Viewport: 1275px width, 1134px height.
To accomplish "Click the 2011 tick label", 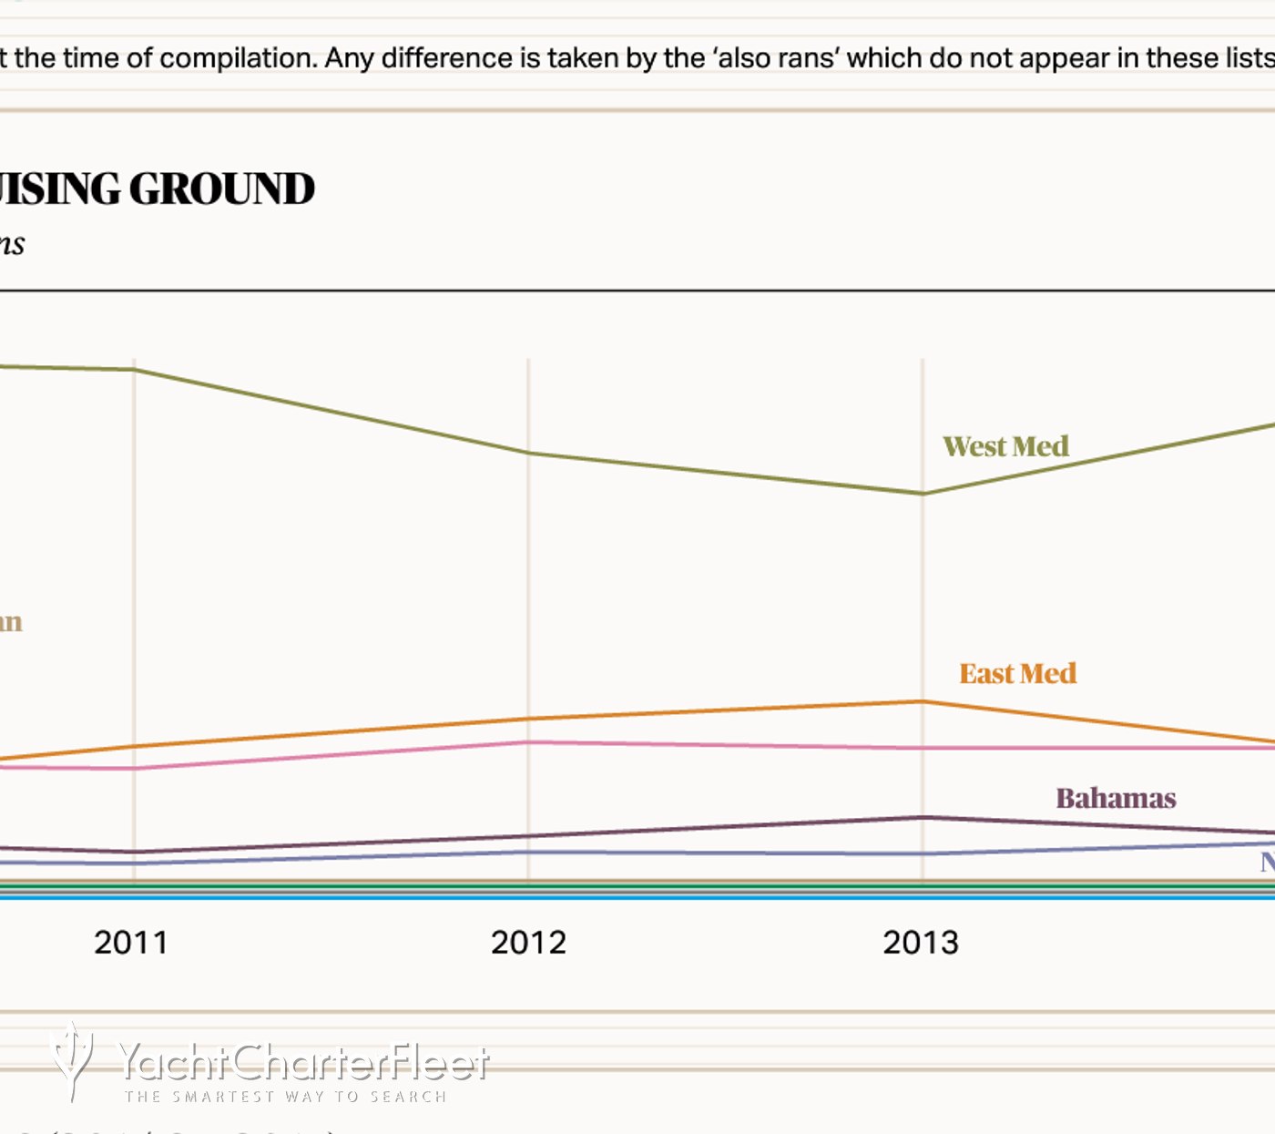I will [x=131, y=942].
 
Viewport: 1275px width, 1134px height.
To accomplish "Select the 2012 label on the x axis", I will [x=528, y=942].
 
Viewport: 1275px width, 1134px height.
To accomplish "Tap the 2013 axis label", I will [x=921, y=942].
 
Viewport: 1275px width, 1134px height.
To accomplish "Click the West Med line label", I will [x=1005, y=446].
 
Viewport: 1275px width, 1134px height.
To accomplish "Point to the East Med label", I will [x=1017, y=673].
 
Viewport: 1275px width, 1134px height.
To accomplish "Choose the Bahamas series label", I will [x=1116, y=798].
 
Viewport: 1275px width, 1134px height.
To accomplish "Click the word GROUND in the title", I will [x=221, y=189].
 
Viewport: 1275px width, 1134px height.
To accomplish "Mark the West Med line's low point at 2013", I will [x=923, y=494].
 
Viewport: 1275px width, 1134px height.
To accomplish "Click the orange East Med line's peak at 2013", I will [x=923, y=701].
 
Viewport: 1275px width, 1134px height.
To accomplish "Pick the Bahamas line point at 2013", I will [x=923, y=817].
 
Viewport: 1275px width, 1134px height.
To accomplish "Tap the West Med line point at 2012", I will [x=528, y=453].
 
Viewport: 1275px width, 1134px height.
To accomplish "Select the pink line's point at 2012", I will [x=528, y=742].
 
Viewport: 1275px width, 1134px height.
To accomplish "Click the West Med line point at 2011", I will [x=135, y=370].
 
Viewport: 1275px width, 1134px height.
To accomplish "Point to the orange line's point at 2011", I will [x=135, y=747].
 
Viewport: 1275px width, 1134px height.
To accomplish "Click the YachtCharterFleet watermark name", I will [x=304, y=1062].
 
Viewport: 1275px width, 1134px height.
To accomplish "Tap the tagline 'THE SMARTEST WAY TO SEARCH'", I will [x=286, y=1097].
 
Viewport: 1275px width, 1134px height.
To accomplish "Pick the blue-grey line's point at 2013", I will [x=923, y=853].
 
